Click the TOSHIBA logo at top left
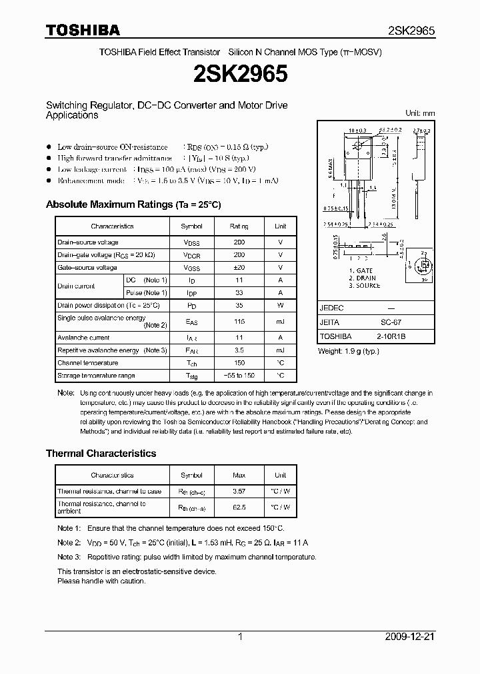83,30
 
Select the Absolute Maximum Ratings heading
133,204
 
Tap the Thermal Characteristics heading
101,453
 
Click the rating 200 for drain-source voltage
239,242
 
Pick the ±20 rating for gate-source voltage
239,268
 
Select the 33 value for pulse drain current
239,292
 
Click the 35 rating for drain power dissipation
239,305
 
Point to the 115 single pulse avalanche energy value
239,322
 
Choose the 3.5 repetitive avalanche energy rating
239,350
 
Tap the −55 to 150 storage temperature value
239,376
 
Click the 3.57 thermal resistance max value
239,492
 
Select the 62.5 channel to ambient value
239,507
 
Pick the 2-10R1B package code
390,336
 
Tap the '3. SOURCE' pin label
365,286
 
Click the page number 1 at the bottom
240,637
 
